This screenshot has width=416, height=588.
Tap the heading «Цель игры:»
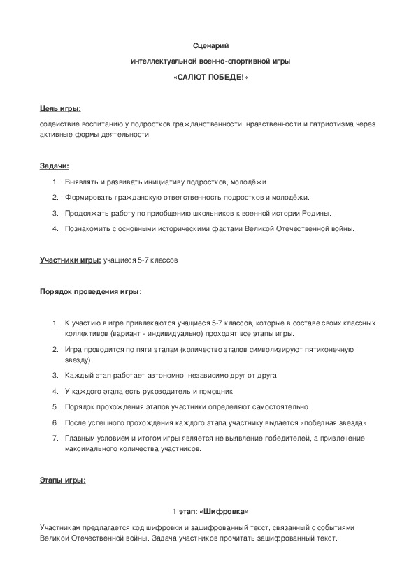(60, 109)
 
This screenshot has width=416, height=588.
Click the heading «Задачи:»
(55, 166)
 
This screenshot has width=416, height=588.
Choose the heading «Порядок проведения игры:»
(90, 291)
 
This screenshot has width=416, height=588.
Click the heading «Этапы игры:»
(63, 480)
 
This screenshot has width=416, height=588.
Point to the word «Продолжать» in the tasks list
(86, 213)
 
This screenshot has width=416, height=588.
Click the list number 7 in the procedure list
(55, 438)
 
